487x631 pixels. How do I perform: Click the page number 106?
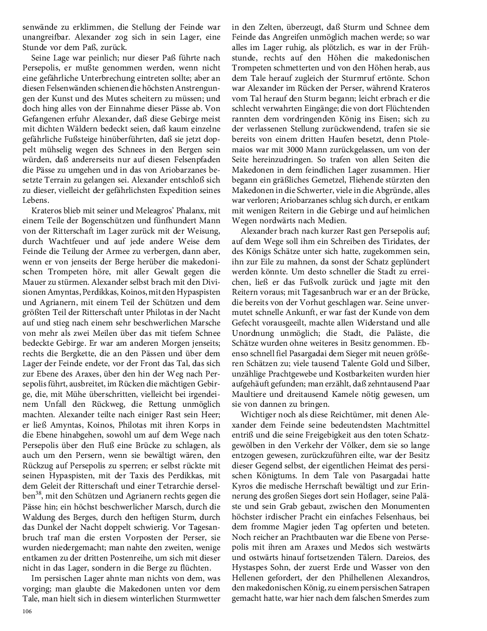click(27, 611)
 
